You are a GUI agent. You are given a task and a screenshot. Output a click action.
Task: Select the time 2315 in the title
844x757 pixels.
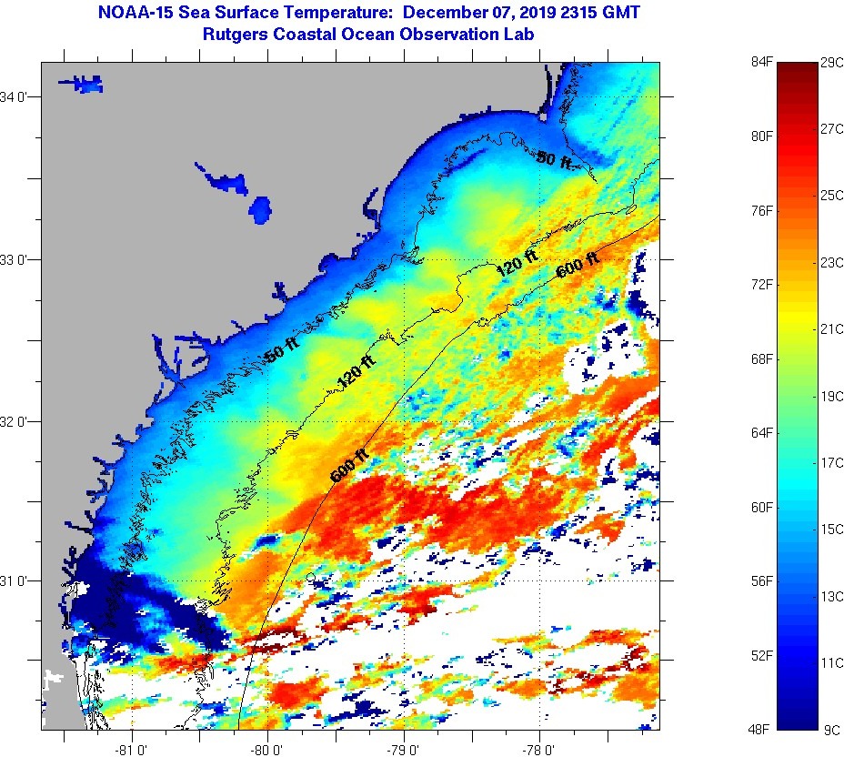[581, 13]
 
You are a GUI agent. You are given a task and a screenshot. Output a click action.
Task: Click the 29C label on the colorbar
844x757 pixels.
[831, 62]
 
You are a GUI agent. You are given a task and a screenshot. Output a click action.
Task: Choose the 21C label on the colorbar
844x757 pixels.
[831, 328]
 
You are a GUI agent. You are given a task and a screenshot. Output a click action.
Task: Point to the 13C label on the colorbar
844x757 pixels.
[831, 596]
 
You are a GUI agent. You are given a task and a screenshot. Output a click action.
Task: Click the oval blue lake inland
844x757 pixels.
[261, 210]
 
